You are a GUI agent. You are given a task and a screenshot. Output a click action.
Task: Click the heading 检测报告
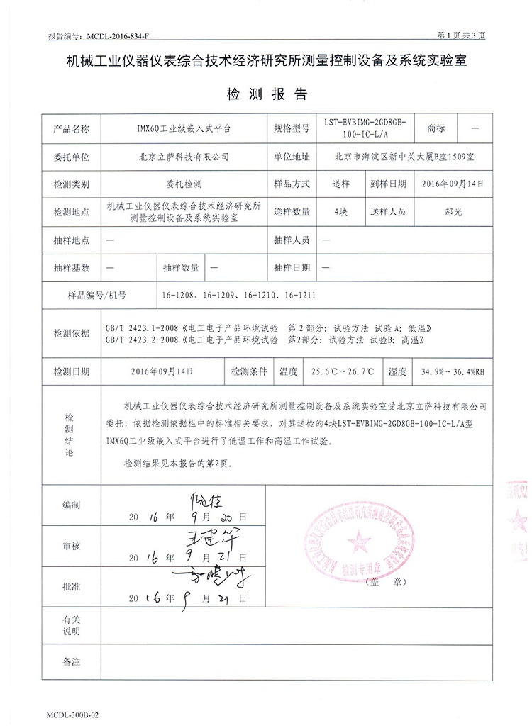pos(266,94)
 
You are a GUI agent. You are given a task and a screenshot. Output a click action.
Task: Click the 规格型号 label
pos(292,129)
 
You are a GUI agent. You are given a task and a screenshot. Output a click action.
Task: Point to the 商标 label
pos(436,129)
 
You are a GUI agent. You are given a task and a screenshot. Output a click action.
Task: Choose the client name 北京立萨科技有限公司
pos(184,157)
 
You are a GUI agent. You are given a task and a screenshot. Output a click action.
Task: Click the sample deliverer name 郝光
pos(451,211)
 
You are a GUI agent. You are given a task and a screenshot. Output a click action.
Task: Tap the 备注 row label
pos(72,661)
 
